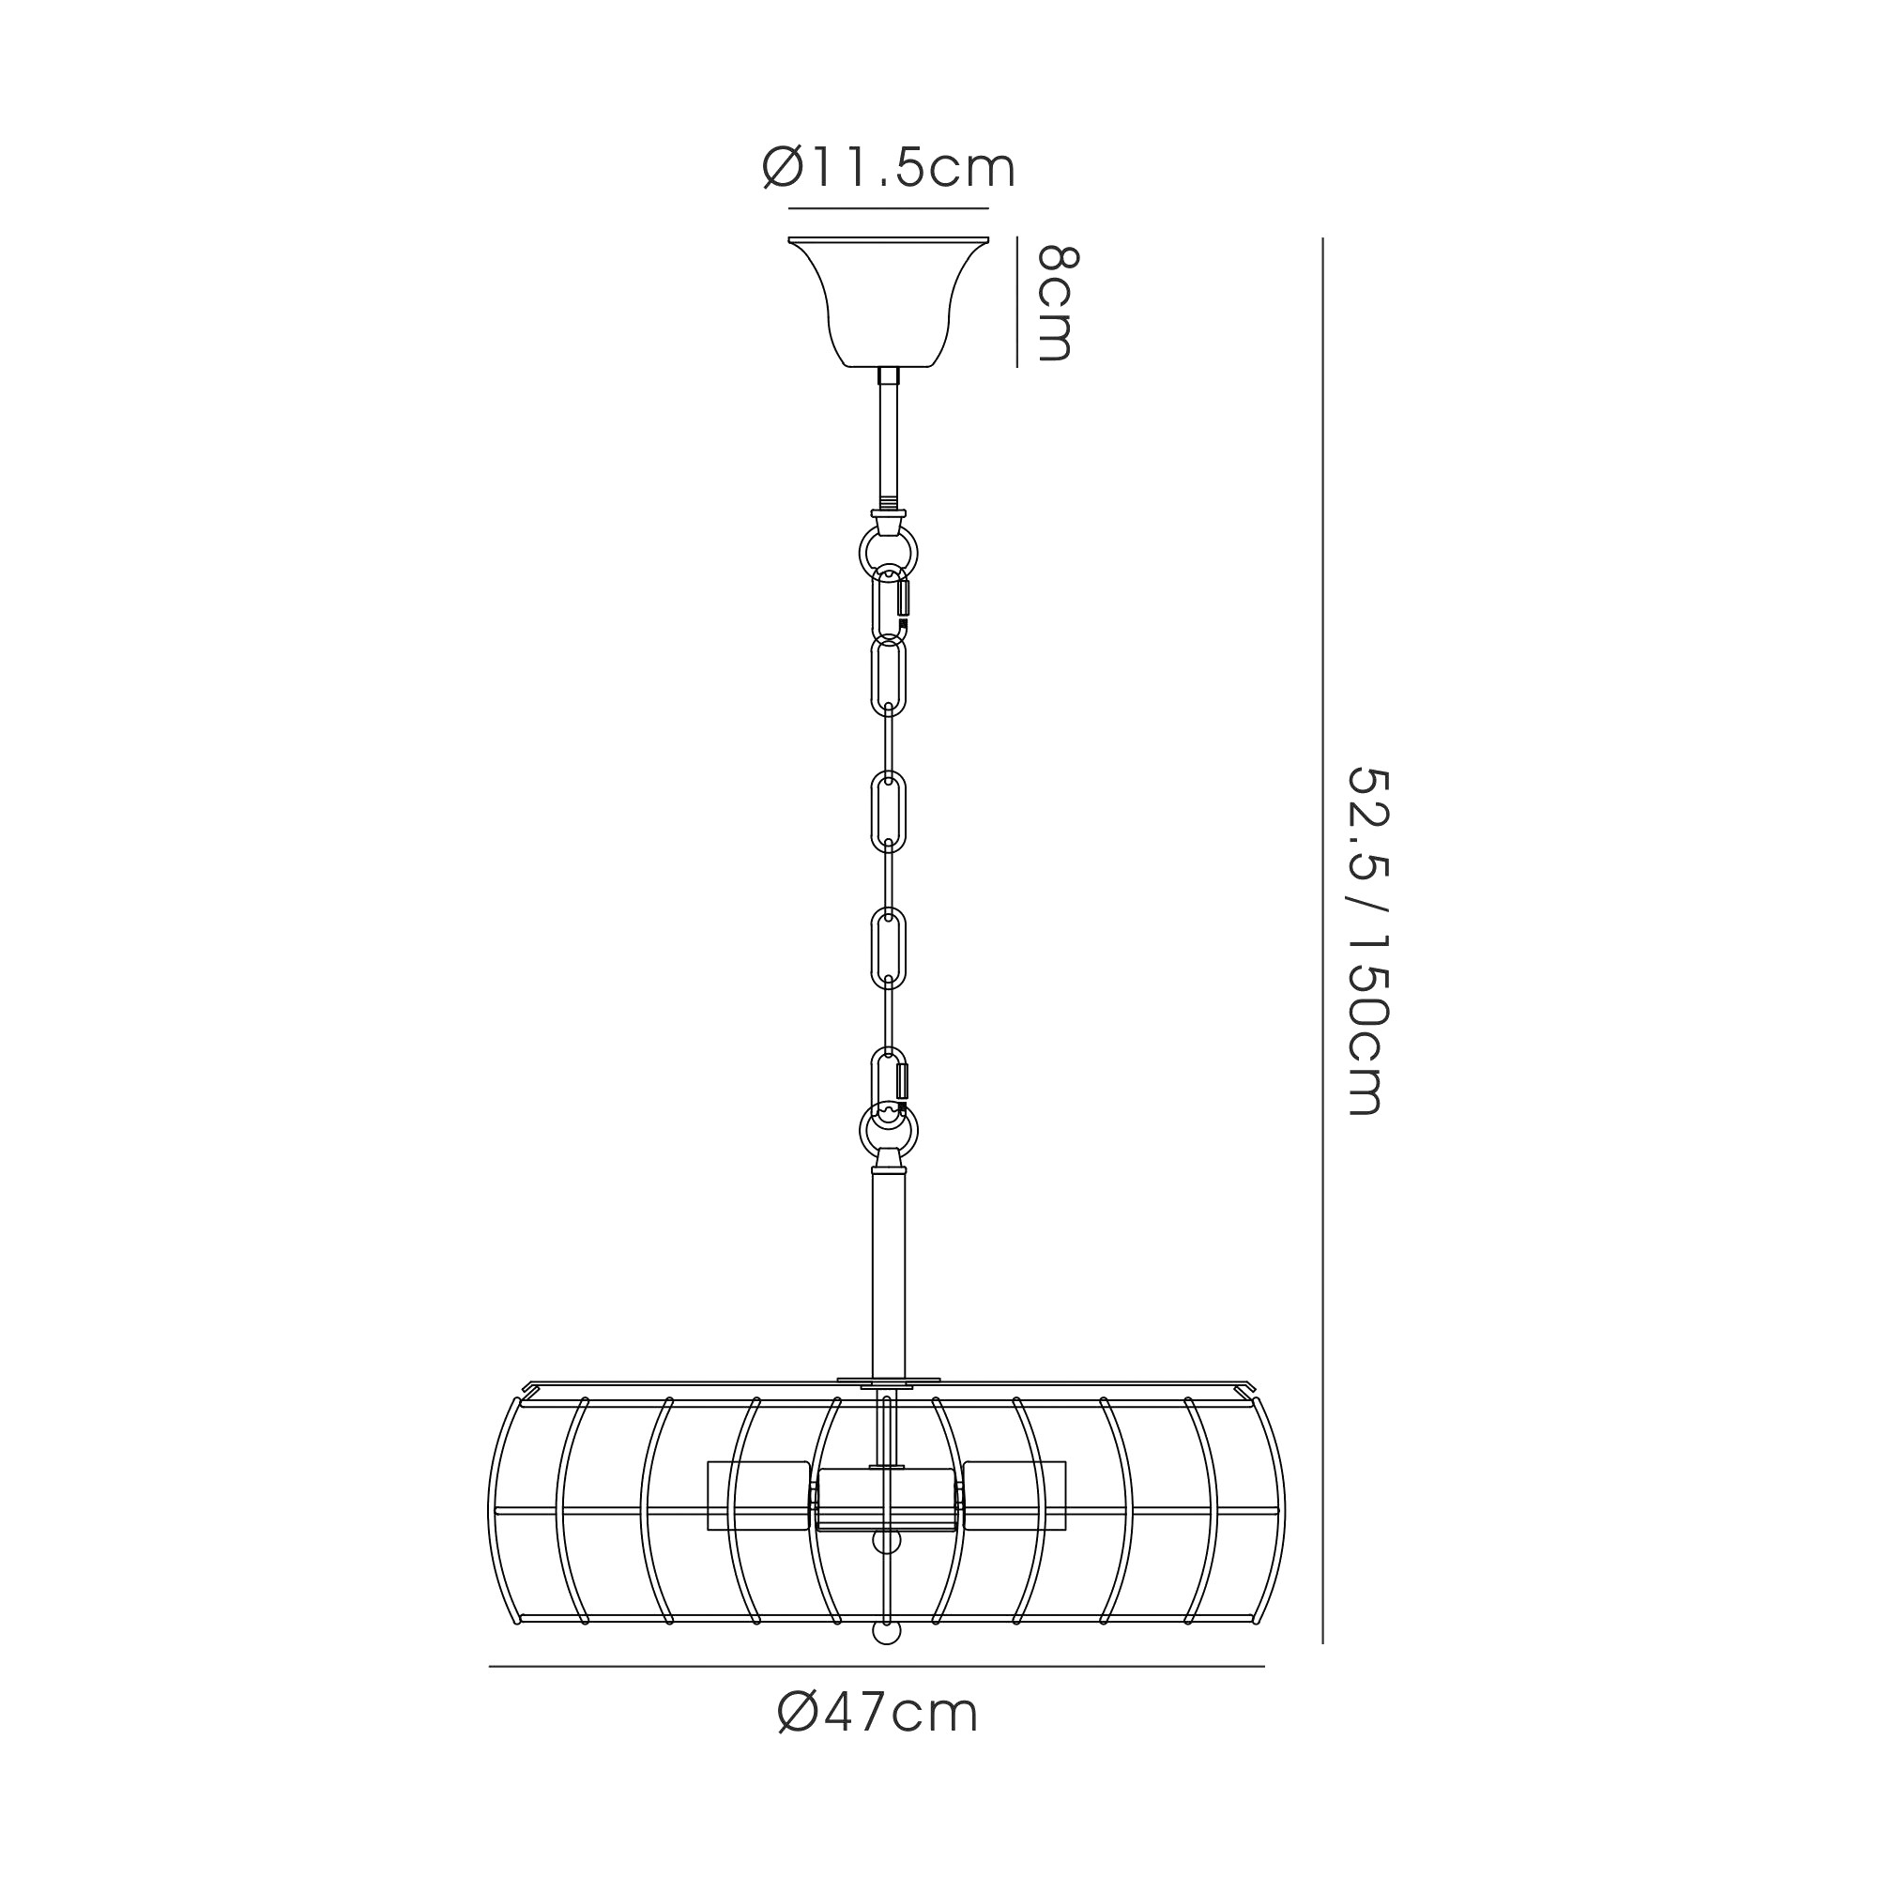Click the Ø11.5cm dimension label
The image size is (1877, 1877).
pyautogui.click(x=888, y=169)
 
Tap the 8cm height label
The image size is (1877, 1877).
pyautogui.click(x=1057, y=302)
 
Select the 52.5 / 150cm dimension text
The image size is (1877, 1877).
pyautogui.click(x=1368, y=940)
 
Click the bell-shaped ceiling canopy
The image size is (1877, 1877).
pyautogui.click(x=888, y=301)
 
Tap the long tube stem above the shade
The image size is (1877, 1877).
pyautogui.click(x=888, y=1273)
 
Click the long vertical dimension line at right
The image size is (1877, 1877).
pyautogui.click(x=1322, y=940)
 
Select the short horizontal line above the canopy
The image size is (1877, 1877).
pyautogui.click(x=888, y=209)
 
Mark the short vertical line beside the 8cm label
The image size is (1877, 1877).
pyautogui.click(x=1017, y=302)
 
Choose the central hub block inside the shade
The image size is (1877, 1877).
pyautogui.click(x=886, y=1527)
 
